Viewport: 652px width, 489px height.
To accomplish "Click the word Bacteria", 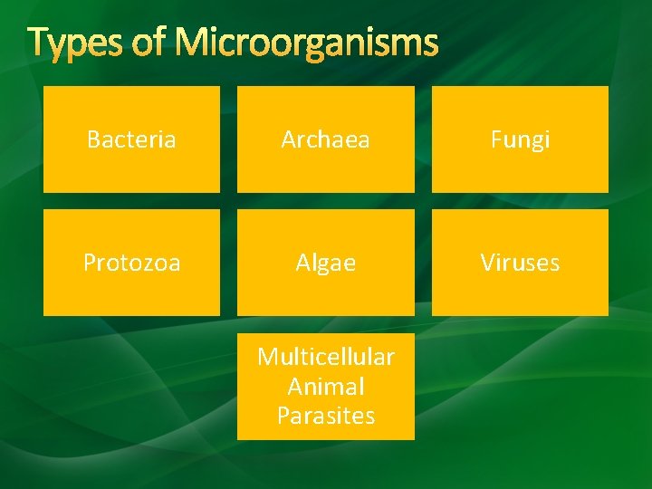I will [x=131, y=139].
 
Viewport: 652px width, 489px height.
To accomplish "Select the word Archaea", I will [x=325, y=139].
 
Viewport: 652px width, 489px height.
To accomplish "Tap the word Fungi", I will [x=520, y=139].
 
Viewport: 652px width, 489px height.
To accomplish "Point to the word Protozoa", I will [x=131, y=263].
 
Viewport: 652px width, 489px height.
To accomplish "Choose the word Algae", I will [x=325, y=263].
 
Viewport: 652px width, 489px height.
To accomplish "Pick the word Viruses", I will [x=520, y=263].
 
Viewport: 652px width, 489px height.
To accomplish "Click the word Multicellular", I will [x=325, y=357].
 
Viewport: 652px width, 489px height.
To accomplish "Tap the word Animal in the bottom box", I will [x=325, y=387].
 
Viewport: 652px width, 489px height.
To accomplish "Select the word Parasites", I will [x=325, y=416].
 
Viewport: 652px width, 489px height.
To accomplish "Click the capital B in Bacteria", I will [x=93, y=139].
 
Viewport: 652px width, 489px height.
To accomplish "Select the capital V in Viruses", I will [x=487, y=263].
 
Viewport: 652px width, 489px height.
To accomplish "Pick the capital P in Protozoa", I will [x=89, y=263].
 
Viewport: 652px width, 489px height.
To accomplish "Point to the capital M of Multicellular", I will [x=266, y=357].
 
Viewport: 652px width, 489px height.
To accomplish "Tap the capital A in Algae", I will [x=302, y=263].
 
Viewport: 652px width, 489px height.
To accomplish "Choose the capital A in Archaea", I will [x=289, y=139].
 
